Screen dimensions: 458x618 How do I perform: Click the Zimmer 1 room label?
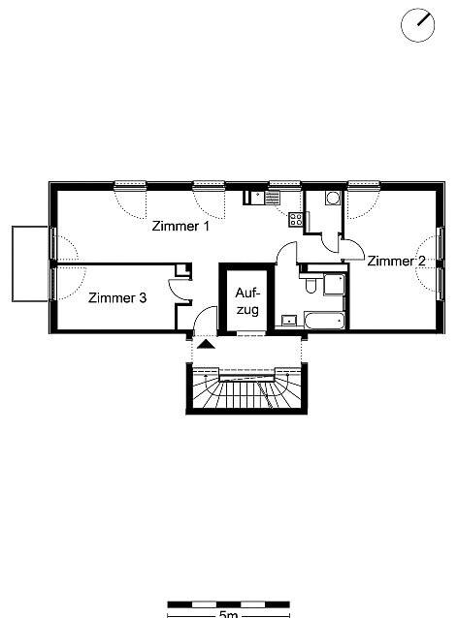coord(180,227)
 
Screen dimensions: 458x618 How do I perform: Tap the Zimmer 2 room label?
coord(396,261)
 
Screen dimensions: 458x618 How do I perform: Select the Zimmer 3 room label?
coord(117,297)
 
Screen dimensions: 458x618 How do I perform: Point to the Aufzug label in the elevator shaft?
coord(248,301)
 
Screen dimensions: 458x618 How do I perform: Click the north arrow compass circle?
coord(417,25)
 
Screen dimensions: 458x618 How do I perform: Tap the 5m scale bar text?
coord(228,614)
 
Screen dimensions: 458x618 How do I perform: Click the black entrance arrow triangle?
coord(206,344)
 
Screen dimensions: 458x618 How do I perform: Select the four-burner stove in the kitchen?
coord(296,219)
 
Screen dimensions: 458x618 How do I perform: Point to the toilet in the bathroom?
coord(311,285)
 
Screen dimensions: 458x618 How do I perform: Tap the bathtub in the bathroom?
coord(325,320)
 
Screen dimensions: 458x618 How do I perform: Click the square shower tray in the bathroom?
coord(334,284)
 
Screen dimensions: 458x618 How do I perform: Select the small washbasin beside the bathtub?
coord(289,321)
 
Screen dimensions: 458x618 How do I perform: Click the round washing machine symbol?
coord(333,198)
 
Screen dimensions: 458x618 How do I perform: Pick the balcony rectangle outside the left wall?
coord(30,263)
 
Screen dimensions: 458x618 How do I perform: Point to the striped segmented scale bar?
coord(228,604)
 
